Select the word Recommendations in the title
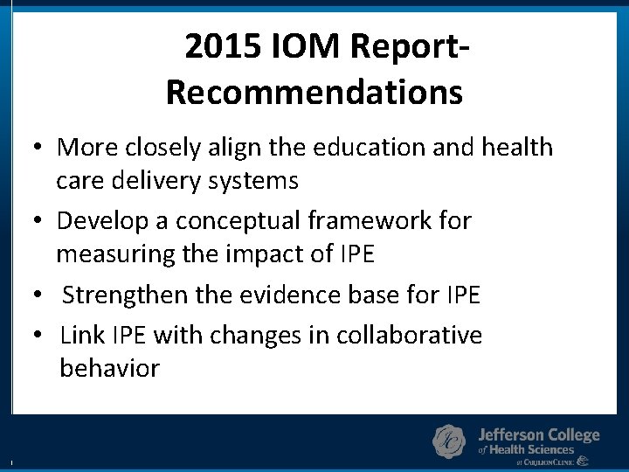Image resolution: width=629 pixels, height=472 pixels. (314, 91)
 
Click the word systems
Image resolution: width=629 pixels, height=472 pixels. (259, 181)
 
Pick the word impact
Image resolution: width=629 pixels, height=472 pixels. (265, 254)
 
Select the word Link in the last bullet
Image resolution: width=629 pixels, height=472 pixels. (79, 335)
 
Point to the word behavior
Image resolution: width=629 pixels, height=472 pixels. (109, 368)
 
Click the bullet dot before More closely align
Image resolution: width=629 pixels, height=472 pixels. (40, 148)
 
